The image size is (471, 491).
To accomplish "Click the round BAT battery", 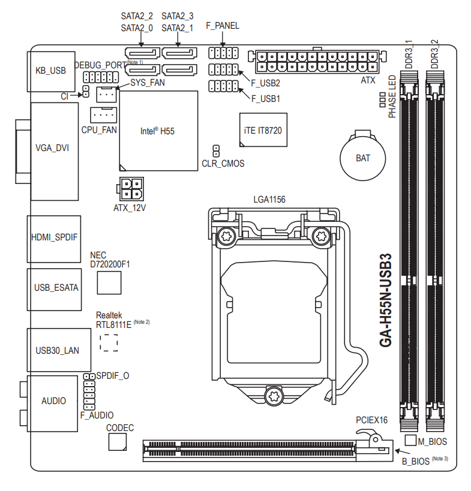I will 363,158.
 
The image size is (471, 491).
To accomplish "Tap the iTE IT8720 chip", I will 263,130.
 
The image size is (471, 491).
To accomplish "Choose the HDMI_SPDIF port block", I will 54,238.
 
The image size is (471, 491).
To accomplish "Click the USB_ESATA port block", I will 54,288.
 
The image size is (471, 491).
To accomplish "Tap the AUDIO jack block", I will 54,400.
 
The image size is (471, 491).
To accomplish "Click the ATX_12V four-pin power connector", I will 130,189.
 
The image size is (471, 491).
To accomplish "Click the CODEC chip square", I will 118,442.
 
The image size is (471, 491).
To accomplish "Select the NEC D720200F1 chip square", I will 110,282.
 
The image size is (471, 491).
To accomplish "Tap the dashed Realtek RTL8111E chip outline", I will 109,341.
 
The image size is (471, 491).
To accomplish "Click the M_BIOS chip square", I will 411,441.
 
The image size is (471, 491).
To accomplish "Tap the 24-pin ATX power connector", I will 317,61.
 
